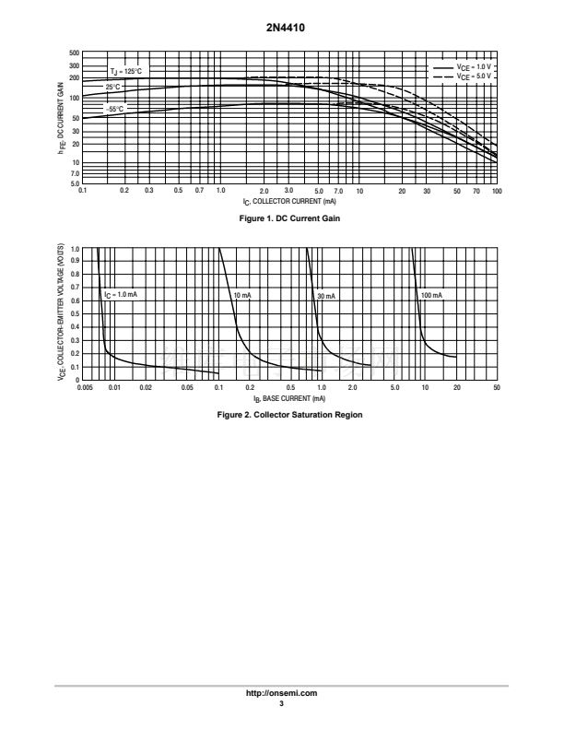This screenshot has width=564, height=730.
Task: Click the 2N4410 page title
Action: tap(286, 28)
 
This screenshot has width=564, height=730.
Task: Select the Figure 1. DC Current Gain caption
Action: tap(289, 218)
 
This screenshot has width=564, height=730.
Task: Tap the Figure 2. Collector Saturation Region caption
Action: tap(289, 415)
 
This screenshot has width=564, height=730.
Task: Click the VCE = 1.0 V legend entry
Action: tap(462, 67)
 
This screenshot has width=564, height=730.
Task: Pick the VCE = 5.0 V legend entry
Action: tap(462, 77)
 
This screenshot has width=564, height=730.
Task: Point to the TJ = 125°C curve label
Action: tap(125, 71)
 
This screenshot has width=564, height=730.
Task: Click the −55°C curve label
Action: tap(114, 109)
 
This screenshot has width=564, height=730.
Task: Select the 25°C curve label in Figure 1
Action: tap(112, 87)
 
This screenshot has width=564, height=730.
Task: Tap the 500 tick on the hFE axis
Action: tap(74, 53)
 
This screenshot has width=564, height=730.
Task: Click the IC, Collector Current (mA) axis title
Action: tap(289, 202)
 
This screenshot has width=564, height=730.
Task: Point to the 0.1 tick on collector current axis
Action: tap(82, 191)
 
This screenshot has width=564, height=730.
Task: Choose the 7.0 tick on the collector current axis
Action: tap(338, 191)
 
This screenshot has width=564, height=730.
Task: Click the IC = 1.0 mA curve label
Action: tap(121, 295)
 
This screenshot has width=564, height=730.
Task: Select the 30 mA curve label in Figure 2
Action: tap(326, 296)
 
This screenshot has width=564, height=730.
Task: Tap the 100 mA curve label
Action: tap(431, 295)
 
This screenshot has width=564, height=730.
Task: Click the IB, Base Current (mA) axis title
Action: tap(289, 399)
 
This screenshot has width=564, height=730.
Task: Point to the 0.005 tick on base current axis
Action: tap(85, 387)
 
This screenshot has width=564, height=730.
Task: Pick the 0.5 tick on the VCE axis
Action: tap(75, 313)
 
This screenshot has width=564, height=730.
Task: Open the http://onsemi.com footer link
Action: tap(281, 693)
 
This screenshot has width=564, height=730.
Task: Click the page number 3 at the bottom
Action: tap(281, 703)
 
